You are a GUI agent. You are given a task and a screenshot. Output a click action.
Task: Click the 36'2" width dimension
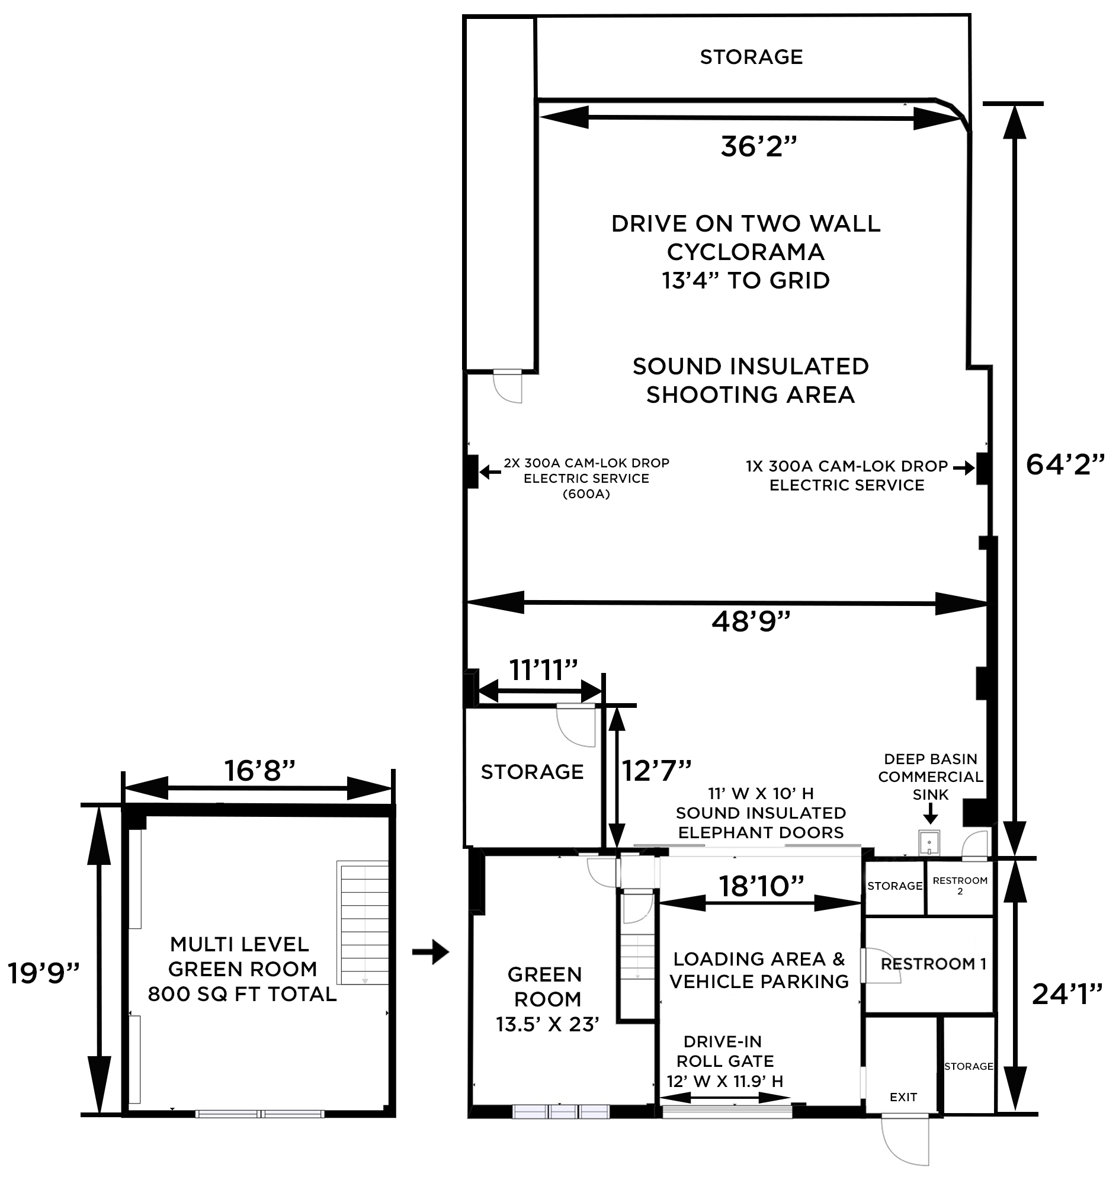pyautogui.click(x=758, y=147)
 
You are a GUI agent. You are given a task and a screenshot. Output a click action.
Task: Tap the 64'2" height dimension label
pyautogui.click(x=1065, y=465)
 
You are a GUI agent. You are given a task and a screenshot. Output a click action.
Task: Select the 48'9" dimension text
pyautogui.click(x=751, y=621)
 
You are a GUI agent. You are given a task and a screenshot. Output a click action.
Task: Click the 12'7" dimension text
pyautogui.click(x=657, y=771)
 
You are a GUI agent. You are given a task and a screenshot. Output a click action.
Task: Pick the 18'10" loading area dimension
pyautogui.click(x=761, y=887)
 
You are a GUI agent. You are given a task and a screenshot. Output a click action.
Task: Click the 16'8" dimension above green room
pyautogui.click(x=259, y=771)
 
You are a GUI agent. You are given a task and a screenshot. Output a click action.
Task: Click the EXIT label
pyautogui.click(x=903, y=1097)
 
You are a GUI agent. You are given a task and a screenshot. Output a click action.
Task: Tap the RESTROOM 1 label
pyautogui.click(x=934, y=964)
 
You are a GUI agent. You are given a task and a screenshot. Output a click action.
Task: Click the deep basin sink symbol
pyautogui.click(x=929, y=843)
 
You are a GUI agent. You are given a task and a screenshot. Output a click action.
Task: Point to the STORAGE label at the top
pyautogui.click(x=751, y=57)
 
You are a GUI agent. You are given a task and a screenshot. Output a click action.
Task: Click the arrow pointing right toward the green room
pyautogui.click(x=430, y=952)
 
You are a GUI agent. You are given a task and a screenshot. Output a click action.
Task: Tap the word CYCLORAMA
pyautogui.click(x=746, y=252)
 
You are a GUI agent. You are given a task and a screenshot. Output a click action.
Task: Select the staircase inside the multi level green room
pyautogui.click(x=363, y=922)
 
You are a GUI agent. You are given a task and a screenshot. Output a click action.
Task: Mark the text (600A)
pyautogui.click(x=586, y=494)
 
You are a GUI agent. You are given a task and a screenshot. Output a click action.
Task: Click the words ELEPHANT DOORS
pyautogui.click(x=761, y=833)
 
